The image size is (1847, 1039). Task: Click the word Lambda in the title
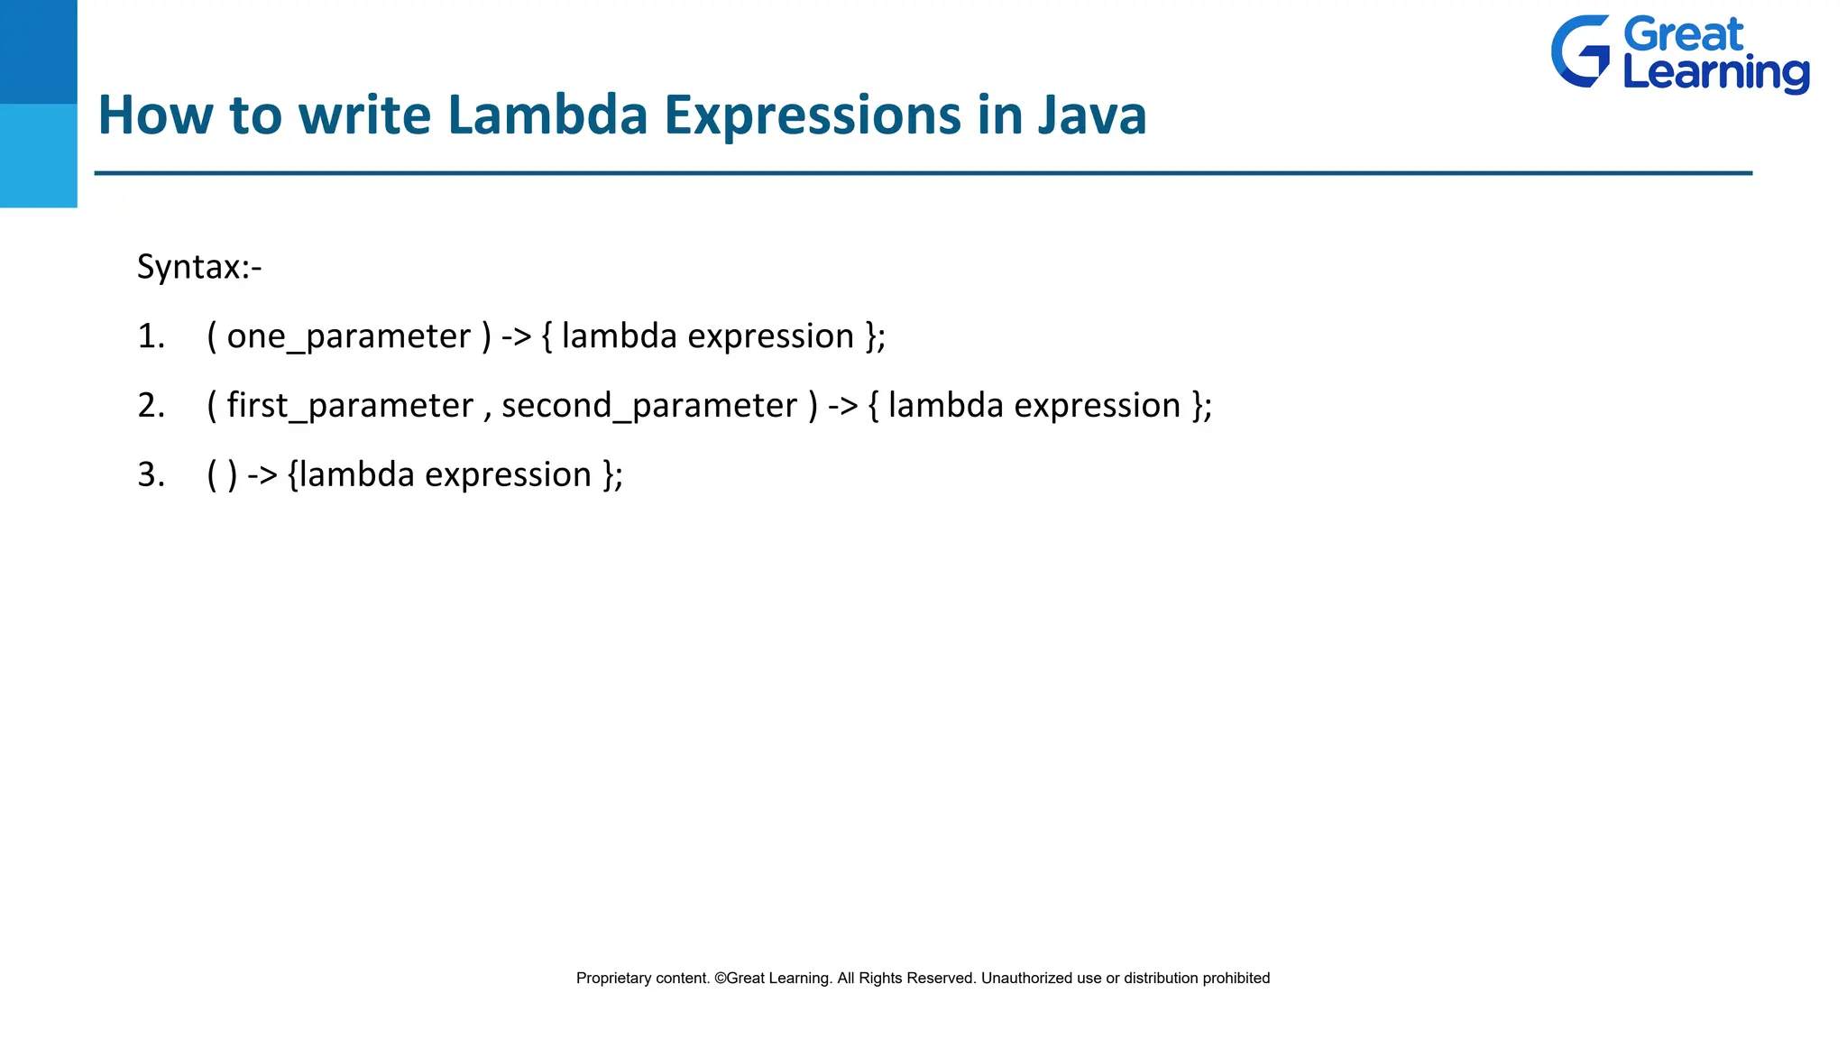point(547,115)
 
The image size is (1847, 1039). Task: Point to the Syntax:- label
point(199,267)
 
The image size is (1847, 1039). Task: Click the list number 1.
point(151,336)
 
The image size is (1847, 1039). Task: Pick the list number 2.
point(151,406)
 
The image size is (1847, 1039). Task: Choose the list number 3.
point(151,475)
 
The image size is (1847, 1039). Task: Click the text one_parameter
point(348,337)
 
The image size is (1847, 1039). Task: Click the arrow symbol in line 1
point(517,337)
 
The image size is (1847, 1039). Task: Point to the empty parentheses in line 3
point(222,475)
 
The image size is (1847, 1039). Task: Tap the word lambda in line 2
point(945,406)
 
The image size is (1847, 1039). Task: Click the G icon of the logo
point(1580,51)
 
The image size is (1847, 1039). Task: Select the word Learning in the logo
point(1715,74)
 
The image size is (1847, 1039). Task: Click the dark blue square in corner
point(38,51)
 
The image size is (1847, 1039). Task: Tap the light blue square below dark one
point(38,155)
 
